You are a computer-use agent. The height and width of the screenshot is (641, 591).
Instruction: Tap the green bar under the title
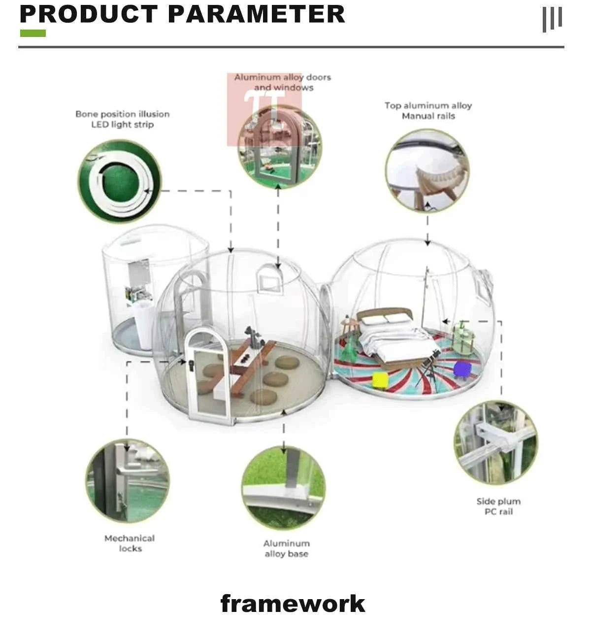tap(33, 34)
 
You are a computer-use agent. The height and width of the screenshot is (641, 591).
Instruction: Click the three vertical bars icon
tap(552, 19)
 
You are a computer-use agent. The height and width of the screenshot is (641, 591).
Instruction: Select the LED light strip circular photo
tap(120, 181)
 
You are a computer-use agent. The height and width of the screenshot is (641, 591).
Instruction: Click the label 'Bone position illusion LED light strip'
tap(123, 119)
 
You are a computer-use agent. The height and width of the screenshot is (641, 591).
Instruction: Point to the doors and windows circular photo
tap(279, 146)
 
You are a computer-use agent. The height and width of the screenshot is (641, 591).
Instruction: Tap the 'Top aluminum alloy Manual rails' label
tap(428, 111)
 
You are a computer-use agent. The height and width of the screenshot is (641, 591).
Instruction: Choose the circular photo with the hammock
tap(427, 171)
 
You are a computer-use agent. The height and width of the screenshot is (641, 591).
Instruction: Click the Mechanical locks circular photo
tap(128, 481)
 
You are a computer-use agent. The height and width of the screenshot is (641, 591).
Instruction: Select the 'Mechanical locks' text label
tap(130, 543)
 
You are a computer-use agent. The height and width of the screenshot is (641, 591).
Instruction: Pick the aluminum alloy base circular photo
tap(283, 488)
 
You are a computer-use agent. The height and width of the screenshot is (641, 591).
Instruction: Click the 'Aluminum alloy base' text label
tap(286, 548)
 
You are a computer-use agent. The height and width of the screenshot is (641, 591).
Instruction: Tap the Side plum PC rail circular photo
tap(495, 442)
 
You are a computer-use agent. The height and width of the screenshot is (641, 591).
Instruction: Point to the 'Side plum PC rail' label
tap(498, 506)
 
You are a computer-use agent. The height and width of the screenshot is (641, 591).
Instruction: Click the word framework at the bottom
tap(293, 604)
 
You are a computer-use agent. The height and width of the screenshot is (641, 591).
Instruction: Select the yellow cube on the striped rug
tap(380, 380)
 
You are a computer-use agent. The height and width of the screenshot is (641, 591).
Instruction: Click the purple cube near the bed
tap(462, 369)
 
